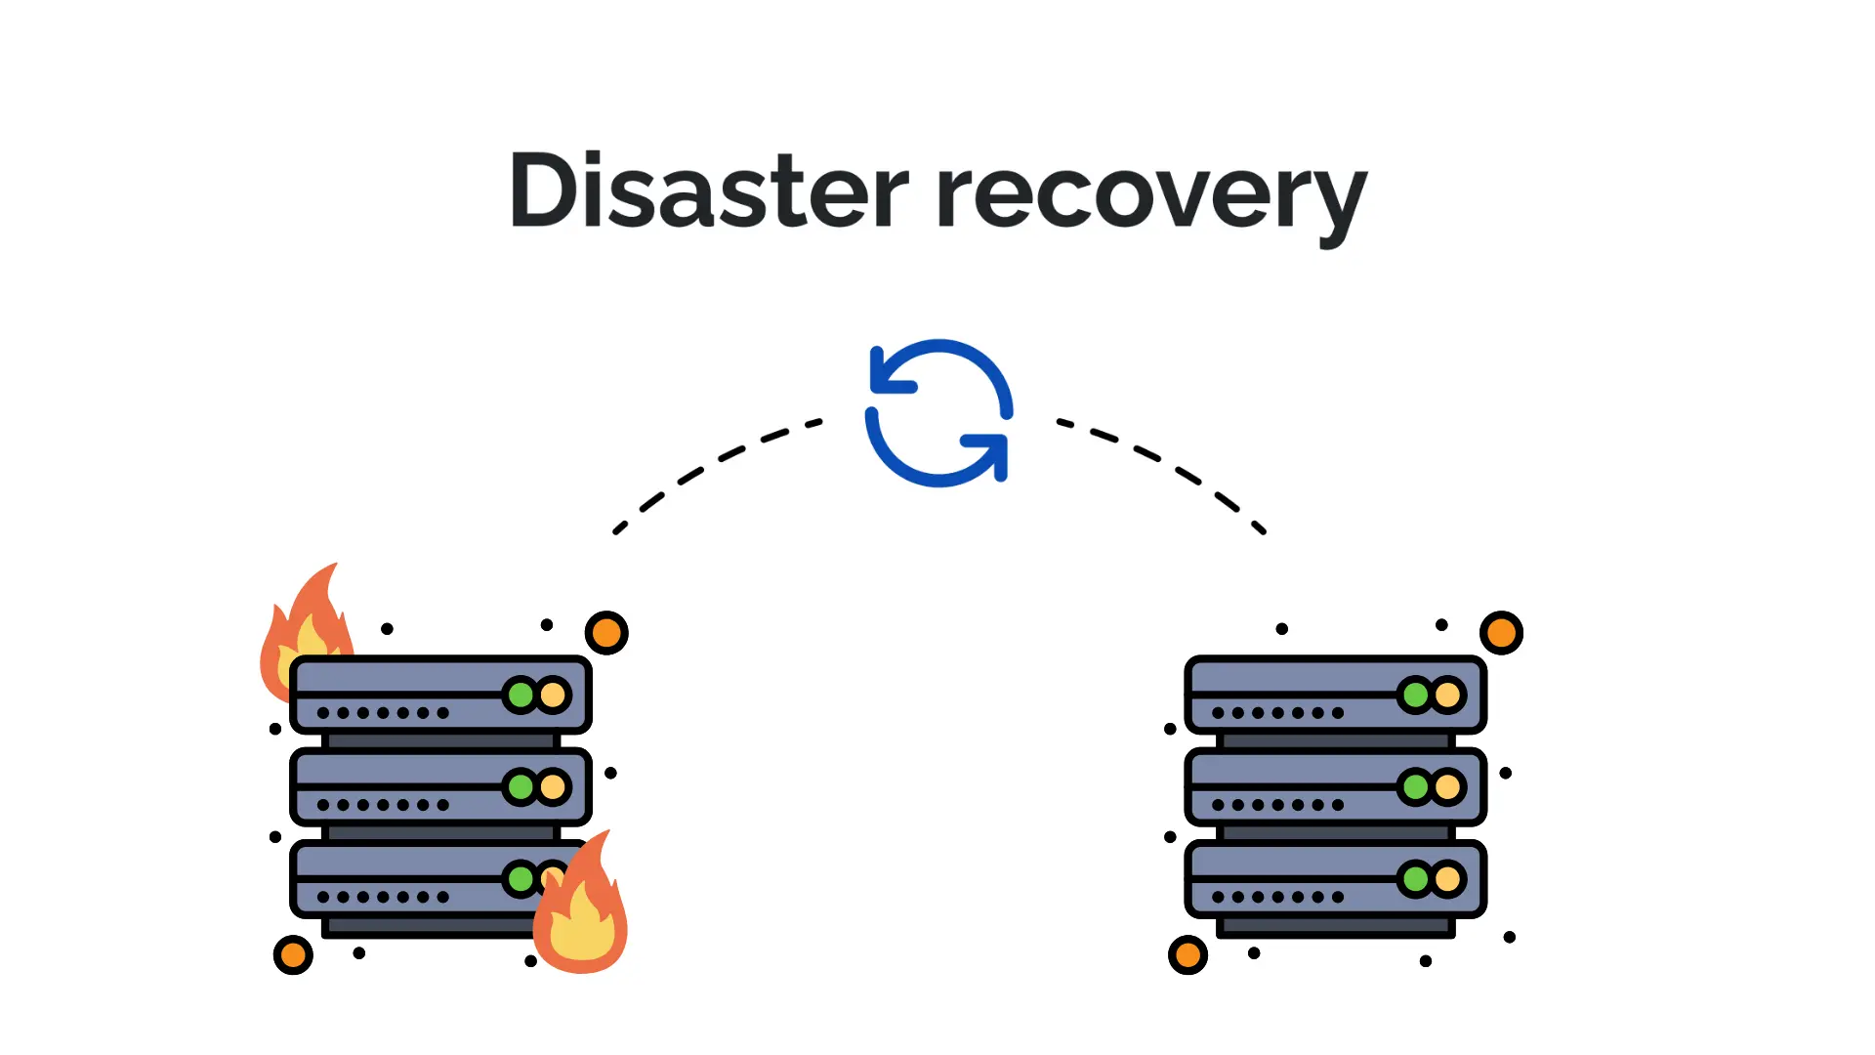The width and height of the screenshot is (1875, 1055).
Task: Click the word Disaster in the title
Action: [708, 191]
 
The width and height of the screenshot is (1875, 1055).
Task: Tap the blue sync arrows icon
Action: [938, 412]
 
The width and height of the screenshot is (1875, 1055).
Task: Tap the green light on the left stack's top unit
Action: [521, 695]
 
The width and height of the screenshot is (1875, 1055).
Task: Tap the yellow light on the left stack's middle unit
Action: [553, 786]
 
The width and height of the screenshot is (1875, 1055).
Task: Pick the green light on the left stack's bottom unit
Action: [521, 879]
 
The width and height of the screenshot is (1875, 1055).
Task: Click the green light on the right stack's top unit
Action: [1415, 695]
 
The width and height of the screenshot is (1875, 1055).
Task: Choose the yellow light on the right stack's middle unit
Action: [1447, 786]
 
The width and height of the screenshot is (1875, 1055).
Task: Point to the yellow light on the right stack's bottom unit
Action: [1447, 879]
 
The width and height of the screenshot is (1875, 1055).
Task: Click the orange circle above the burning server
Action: [606, 633]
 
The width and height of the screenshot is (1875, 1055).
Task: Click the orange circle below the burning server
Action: [293, 954]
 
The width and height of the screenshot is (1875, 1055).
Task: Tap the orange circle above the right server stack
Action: [1501, 633]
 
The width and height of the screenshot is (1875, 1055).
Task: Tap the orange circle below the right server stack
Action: [1187, 954]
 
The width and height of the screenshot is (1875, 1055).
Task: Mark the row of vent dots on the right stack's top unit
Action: [1277, 713]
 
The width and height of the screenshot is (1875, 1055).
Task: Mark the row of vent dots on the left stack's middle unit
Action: [383, 805]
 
